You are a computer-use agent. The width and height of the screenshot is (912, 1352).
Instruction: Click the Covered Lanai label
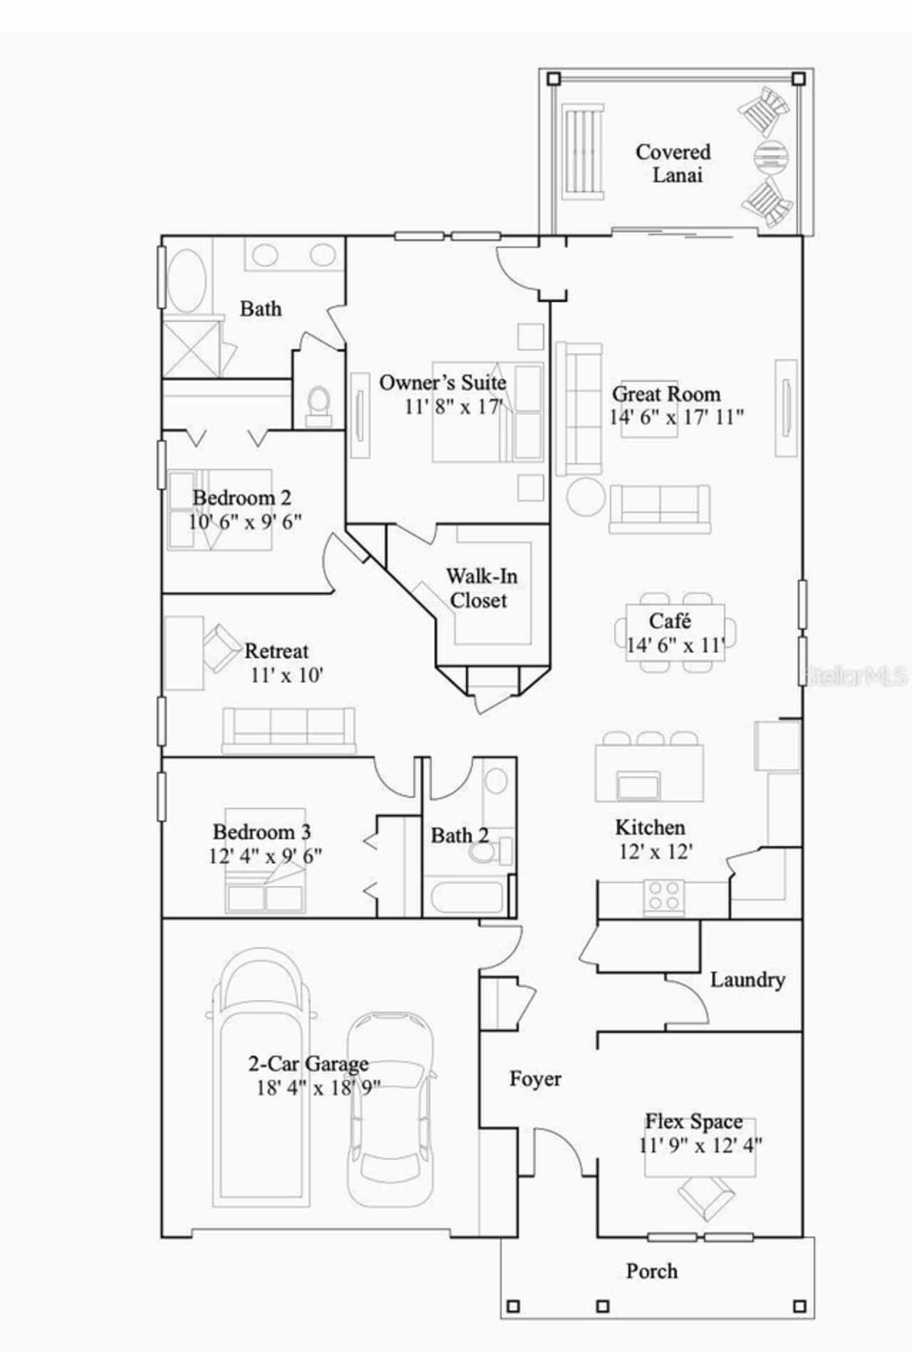673,163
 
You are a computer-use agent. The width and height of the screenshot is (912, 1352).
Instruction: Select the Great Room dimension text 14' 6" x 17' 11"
675,417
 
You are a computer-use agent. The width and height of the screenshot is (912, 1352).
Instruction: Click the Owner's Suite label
442,383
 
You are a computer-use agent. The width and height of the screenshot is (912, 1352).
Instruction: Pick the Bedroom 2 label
242,497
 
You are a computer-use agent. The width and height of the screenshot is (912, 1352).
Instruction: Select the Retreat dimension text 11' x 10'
286,675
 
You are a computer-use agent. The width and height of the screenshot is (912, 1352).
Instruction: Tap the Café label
670,621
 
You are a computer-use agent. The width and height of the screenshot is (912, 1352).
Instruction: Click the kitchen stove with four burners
663,897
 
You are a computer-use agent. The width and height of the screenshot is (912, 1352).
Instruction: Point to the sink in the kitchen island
638,785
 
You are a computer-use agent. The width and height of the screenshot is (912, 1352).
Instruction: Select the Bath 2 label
460,835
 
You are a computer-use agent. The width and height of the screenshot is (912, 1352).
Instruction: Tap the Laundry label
747,979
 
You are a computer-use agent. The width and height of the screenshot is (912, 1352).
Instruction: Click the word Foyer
535,1079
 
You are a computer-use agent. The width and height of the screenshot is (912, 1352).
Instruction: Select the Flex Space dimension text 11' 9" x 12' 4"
700,1145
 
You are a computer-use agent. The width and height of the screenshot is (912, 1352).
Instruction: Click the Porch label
651,1271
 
